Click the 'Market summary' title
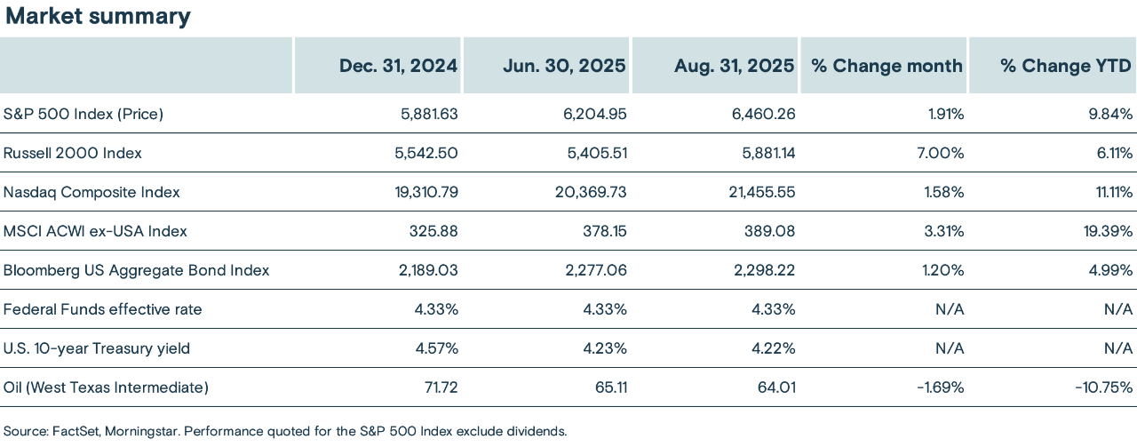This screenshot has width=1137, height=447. (96, 16)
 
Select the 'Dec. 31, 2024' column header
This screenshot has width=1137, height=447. (399, 66)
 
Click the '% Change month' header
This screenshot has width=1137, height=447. (887, 66)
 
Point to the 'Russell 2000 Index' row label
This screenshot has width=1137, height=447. (73, 153)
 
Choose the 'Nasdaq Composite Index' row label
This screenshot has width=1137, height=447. (91, 192)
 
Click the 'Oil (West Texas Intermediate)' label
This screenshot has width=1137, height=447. (106, 387)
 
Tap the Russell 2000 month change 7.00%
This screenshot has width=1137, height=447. (941, 153)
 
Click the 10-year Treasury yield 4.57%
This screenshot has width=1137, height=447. (437, 348)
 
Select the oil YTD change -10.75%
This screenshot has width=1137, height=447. (1101, 387)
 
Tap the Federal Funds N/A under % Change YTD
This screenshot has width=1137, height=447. (1117, 309)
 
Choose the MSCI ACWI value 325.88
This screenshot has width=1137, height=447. (433, 231)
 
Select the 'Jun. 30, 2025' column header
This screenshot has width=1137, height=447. (565, 66)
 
